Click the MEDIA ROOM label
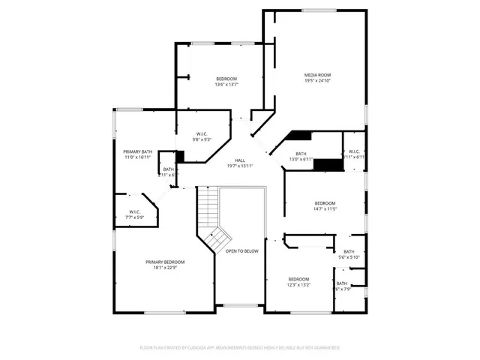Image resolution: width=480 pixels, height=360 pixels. [317, 75]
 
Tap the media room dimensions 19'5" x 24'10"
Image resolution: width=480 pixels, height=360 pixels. [317, 81]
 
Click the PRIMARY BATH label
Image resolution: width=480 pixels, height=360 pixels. [137, 151]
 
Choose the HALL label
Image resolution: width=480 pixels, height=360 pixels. [240, 160]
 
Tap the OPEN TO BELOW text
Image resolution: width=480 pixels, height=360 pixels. [242, 250]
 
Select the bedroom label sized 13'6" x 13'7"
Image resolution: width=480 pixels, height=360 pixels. [226, 79]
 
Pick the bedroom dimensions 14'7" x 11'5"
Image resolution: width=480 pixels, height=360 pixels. [325, 210]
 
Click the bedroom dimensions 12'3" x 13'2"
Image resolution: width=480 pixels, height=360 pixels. [299, 285]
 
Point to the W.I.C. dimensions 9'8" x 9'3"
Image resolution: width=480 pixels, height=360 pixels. [202, 139]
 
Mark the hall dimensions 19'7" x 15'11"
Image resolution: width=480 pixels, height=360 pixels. [240, 166]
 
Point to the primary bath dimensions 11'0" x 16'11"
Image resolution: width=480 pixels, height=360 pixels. [137, 157]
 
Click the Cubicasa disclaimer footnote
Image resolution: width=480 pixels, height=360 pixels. [240, 348]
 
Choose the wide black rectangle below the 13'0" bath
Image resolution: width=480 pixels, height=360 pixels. [327, 164]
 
